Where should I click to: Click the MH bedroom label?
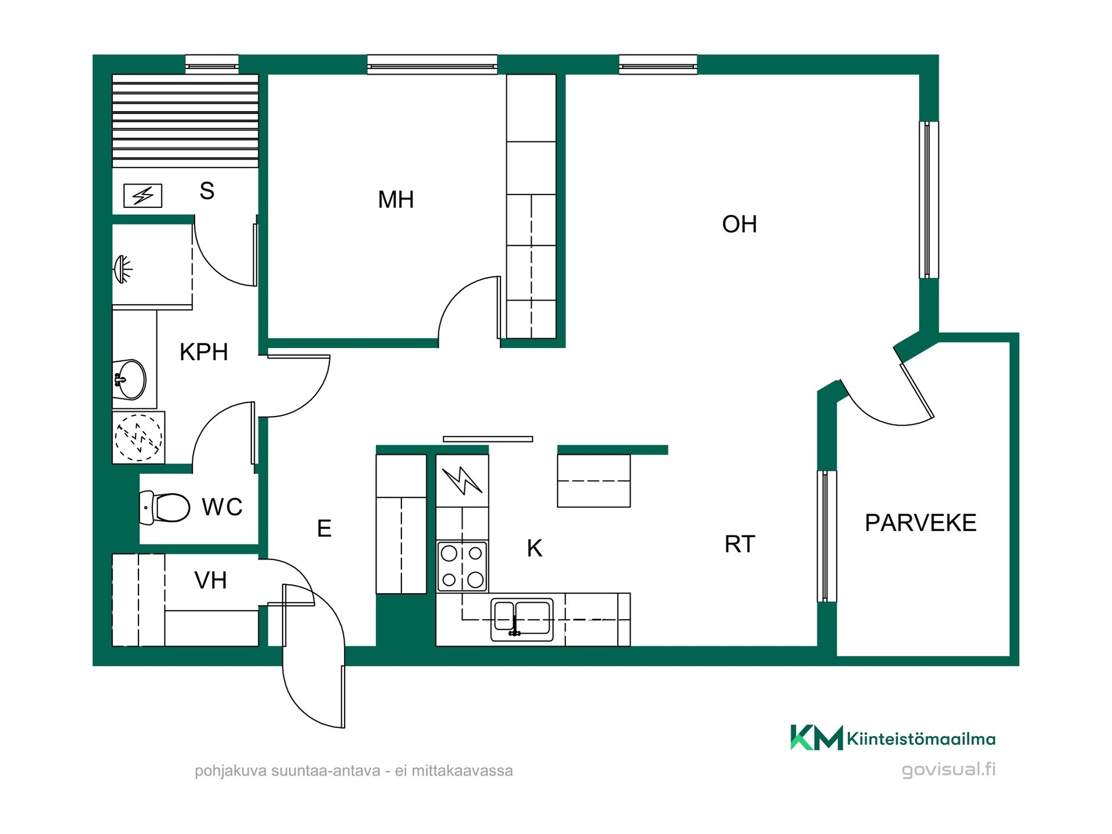click(396, 200)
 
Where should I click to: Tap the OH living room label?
click(740, 224)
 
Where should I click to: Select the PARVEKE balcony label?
click(920, 523)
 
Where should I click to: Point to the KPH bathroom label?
click(204, 352)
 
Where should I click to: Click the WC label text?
click(222, 507)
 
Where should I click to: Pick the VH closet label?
click(210, 580)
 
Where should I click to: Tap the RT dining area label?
click(740, 544)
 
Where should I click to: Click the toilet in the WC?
click(164, 507)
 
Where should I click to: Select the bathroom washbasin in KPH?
click(130, 380)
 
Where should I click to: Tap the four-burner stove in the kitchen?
click(462, 566)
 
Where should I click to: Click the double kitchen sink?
click(522, 619)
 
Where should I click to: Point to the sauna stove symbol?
click(142, 196)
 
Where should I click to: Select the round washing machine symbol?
click(138, 437)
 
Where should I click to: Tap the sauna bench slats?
click(185, 120)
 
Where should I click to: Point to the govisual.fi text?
click(949, 769)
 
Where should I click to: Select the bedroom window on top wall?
click(432, 65)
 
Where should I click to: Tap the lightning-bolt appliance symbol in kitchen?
click(462, 481)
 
